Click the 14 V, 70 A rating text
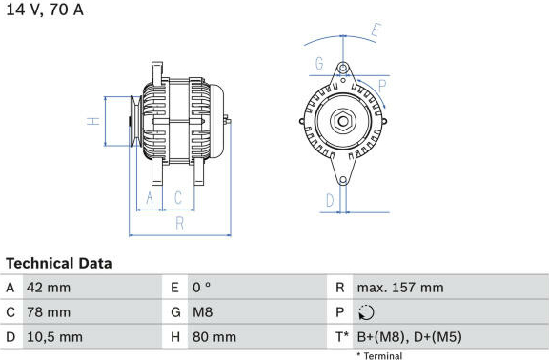tap(45, 10)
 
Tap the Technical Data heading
tap(59, 264)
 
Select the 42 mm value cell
tap(49, 288)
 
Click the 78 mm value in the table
tap(49, 312)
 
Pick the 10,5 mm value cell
tap(55, 337)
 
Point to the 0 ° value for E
tap(202, 288)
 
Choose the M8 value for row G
tap(202, 312)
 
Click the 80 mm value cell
tap(214, 337)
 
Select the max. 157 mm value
tap(400, 288)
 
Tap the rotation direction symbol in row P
tap(366, 312)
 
